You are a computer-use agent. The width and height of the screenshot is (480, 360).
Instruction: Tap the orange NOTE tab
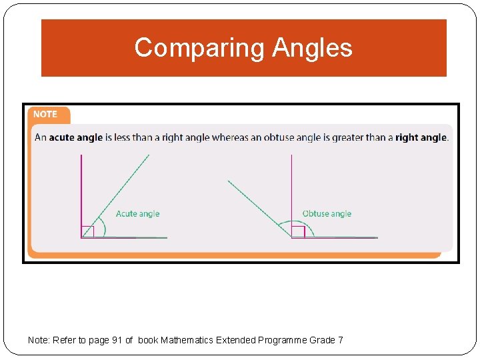tap(46, 114)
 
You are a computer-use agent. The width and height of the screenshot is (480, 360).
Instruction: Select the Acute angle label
tap(137, 213)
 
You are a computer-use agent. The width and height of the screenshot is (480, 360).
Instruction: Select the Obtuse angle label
tap(327, 213)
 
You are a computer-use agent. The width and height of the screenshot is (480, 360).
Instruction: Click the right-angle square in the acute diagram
tap(88, 231)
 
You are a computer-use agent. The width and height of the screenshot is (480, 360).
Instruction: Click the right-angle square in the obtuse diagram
tap(298, 231)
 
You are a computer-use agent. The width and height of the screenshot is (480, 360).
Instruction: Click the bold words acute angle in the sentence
tap(75, 138)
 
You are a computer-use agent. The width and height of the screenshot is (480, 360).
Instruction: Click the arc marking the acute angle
tap(102, 227)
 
